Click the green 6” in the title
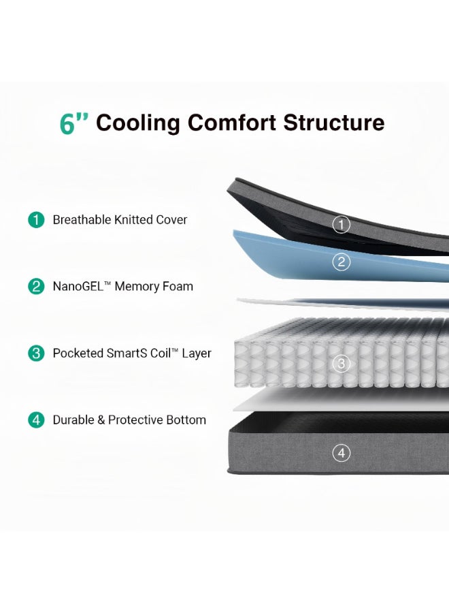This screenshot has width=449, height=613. tap(74, 123)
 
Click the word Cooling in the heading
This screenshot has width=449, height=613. tap(138, 123)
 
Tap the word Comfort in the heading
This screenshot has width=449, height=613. tap(232, 123)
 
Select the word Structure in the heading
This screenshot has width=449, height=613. tap(334, 123)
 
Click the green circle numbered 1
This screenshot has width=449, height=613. tap(36, 219)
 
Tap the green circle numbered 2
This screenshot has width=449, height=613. tap(36, 286)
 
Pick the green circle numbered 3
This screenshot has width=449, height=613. tap(36, 353)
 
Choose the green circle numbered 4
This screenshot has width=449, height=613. tap(36, 420)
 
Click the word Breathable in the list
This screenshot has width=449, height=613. tap(82, 220)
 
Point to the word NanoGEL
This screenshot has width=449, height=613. tap(78, 287)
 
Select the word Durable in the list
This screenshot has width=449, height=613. tap(73, 420)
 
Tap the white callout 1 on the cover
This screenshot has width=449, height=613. tap(342, 225)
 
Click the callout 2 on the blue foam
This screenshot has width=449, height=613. tap(342, 262)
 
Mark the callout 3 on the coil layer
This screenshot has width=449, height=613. tap(342, 364)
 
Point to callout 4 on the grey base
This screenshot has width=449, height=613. tap(342, 453)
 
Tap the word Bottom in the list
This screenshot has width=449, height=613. tap(186, 420)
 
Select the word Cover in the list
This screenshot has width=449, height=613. tap(171, 220)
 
